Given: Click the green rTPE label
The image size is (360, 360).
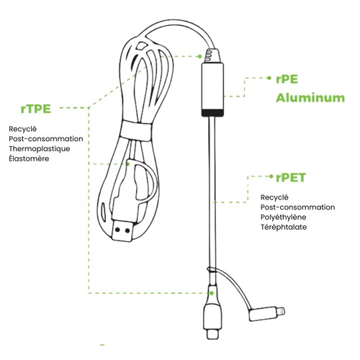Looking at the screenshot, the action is coord(36,109).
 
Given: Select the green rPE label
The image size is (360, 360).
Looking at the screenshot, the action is coord(287,79).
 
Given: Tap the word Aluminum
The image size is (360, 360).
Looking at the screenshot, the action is coord(310,98).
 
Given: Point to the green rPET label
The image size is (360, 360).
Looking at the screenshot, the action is coord(291,178).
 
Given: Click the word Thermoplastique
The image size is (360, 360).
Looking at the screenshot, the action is coord(40,149).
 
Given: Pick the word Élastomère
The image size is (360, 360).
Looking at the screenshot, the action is coord(29,158).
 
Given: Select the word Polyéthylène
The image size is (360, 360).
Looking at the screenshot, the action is coord(284,217).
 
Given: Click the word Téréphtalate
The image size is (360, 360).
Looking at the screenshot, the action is coord(284,227).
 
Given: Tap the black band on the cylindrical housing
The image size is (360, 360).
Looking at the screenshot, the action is coord(212,112).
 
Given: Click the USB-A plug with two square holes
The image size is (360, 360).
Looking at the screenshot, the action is coord(122,231).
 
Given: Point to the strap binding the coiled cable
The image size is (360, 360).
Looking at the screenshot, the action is coord(136,131).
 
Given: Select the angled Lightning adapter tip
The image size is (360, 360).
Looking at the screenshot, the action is coord(267,313).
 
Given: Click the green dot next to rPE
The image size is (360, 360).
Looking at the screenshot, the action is coord(269,78).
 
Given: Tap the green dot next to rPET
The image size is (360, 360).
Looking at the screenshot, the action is coord(271,176).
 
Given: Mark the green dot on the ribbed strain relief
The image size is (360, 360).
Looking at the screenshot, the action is coord(199,56).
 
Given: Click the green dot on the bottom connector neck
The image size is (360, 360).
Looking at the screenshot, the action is coord(212,293).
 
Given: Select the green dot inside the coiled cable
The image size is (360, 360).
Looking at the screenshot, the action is coord(128,164).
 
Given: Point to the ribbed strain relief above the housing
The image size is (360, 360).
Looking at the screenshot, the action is coord(212,55).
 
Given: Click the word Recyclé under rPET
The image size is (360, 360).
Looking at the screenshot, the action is coord(274,197).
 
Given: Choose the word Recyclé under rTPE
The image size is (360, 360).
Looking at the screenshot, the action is coord(23,129).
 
